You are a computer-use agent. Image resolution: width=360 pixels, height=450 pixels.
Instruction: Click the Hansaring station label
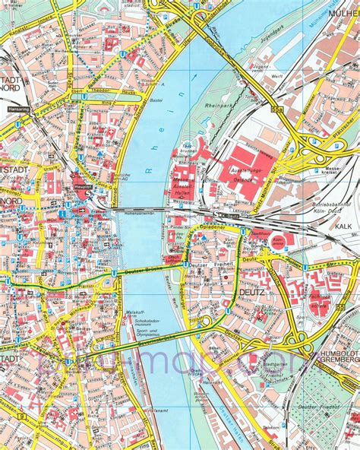point(17,109)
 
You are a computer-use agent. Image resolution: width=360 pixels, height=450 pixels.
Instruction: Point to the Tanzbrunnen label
point(188,149)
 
